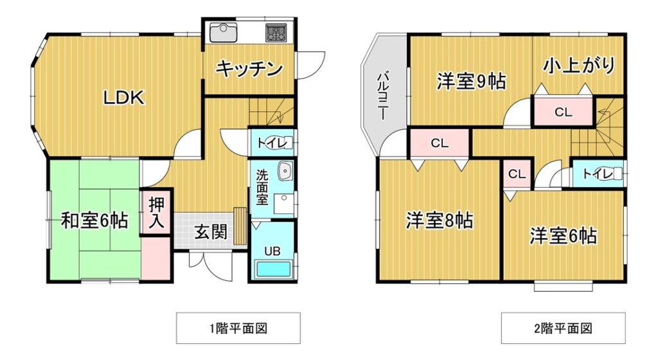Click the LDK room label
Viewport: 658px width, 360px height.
(124, 98)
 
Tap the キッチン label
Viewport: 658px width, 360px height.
(249, 68)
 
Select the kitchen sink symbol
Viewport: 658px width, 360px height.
(223, 33)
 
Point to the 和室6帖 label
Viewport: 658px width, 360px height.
(94, 221)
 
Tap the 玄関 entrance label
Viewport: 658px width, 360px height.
(211, 231)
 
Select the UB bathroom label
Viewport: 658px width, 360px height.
(272, 251)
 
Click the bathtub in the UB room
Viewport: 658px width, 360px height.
(273, 269)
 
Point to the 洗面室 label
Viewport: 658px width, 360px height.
(262, 187)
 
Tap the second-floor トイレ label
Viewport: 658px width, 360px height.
(598, 174)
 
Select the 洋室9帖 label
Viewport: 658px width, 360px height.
(471, 81)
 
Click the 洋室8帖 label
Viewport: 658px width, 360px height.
(440, 221)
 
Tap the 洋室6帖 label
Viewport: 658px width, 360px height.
(563, 236)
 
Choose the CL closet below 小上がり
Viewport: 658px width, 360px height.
(563, 112)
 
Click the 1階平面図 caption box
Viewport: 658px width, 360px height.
(238, 328)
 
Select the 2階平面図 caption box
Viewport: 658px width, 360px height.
(563, 328)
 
